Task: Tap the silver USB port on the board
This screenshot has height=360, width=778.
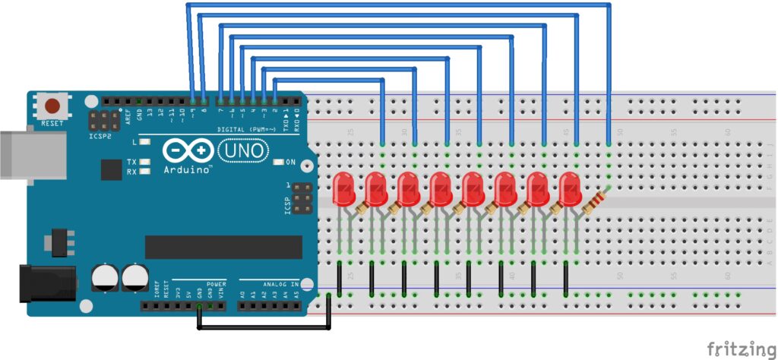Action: click(17, 155)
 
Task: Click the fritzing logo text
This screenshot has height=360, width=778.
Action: click(736, 349)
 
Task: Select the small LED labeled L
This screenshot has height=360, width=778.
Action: click(144, 142)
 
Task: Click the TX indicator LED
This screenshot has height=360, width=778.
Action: click(144, 162)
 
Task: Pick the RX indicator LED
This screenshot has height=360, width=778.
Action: click(144, 171)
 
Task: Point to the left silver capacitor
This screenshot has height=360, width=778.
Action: click(103, 277)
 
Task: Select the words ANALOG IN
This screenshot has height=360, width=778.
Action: click(280, 283)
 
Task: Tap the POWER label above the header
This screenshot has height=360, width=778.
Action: click(216, 283)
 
